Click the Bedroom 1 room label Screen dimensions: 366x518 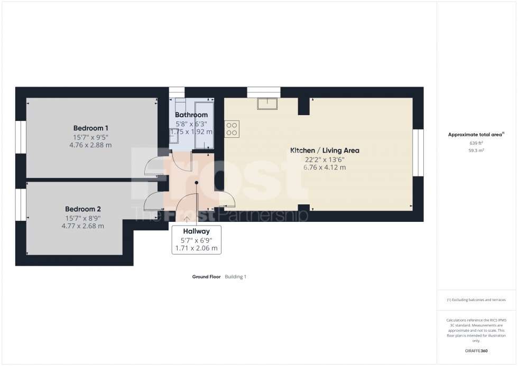pyautogui.click(x=90, y=128)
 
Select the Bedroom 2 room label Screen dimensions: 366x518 pyautogui.click(x=82, y=209)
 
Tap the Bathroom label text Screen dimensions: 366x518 pyautogui.click(x=191, y=115)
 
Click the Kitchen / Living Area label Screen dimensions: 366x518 pyautogui.click(x=325, y=151)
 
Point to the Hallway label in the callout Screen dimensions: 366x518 pyautogui.click(x=196, y=231)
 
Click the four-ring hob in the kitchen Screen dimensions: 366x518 pyautogui.click(x=232, y=129)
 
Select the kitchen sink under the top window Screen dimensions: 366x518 pyautogui.click(x=267, y=103)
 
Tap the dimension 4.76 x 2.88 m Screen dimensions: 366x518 pyautogui.click(x=90, y=145)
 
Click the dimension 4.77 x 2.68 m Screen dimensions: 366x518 pyautogui.click(x=82, y=226)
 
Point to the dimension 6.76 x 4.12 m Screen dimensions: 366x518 pyautogui.click(x=325, y=167)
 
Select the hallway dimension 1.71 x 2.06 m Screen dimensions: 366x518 pyautogui.click(x=196, y=248)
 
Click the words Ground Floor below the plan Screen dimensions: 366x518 pyautogui.click(x=207, y=277)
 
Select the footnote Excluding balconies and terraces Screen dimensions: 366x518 pyautogui.click(x=476, y=300)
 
